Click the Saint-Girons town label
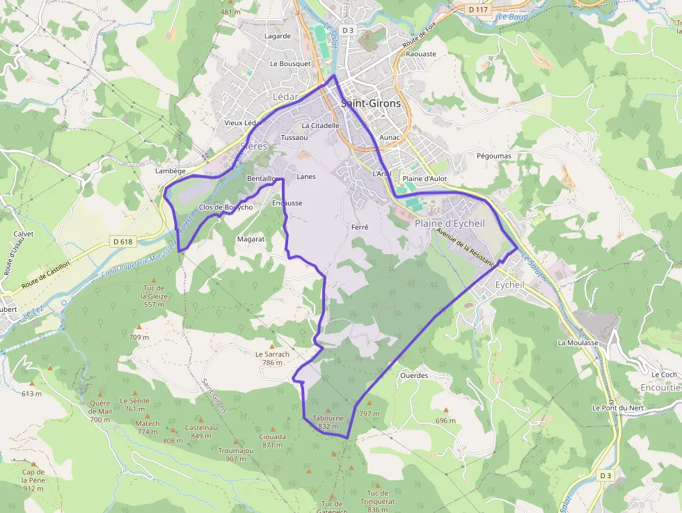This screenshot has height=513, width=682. [x=371, y=103]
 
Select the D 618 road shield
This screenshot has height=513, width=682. [x=122, y=242]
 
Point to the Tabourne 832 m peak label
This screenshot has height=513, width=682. [x=328, y=422]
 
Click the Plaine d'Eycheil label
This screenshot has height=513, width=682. [x=450, y=223]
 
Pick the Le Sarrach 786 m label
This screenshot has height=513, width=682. [x=272, y=358]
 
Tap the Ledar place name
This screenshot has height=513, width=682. [x=285, y=96]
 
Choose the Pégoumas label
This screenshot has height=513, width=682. [x=494, y=156]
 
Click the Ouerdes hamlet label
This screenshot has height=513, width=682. [x=414, y=375]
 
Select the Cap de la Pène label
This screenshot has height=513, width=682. [x=33, y=480]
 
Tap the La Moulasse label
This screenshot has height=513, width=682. [x=578, y=343]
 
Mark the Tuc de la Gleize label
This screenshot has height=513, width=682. [x=154, y=296]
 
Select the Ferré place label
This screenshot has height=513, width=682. [x=360, y=227]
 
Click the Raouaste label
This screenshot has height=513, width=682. [x=420, y=54]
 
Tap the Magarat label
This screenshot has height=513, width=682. [x=251, y=239]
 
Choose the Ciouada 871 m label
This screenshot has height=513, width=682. [x=272, y=441]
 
